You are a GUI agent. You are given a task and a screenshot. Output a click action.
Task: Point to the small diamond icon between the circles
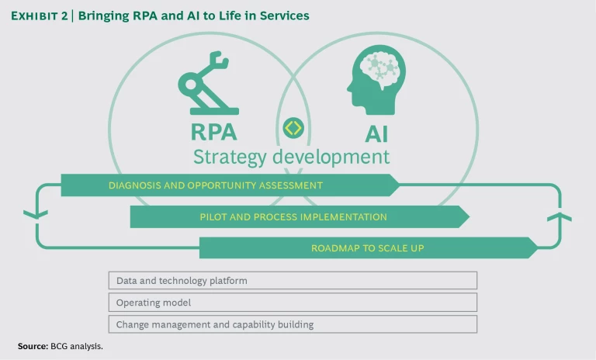[x=293, y=127]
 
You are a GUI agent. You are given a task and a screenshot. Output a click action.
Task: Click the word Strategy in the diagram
[x=227, y=157]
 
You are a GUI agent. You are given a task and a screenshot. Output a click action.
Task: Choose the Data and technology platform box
[x=293, y=280]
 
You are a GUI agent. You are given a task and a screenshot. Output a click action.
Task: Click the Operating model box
[x=293, y=302]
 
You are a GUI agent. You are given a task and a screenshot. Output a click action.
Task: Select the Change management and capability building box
[x=293, y=324]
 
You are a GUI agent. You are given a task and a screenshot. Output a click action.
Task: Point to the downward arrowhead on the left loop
[x=30, y=214]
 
